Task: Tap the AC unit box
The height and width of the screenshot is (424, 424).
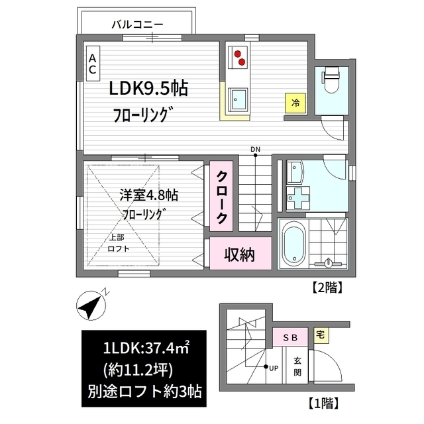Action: pyautogui.click(x=93, y=63)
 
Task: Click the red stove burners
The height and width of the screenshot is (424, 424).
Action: pyautogui.click(x=238, y=58)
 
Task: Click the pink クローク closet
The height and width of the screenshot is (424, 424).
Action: pyautogui.click(x=223, y=197)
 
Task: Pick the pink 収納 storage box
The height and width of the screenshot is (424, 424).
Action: pyautogui.click(x=238, y=254)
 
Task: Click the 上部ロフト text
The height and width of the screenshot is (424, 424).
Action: pyautogui.click(x=119, y=242)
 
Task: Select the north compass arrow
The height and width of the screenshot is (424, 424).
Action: pyautogui.click(x=93, y=304)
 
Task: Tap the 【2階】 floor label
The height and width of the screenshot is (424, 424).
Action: pyautogui.click(x=326, y=288)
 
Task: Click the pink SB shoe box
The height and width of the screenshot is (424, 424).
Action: pyautogui.click(x=290, y=337)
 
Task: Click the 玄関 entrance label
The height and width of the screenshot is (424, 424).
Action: pyautogui.click(x=297, y=365)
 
